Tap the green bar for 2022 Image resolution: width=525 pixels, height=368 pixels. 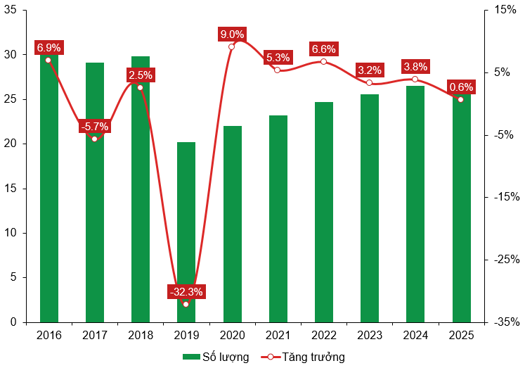coord(323,212)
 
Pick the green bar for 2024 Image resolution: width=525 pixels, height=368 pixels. coord(415,204)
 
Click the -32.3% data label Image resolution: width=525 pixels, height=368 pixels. coord(186,291)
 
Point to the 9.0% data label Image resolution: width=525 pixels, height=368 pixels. coord(232,34)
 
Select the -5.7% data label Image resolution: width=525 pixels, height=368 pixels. coord(94,127)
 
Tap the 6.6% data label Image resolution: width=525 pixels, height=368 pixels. coord(323,49)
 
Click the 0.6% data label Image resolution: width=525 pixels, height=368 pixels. coord(461,87)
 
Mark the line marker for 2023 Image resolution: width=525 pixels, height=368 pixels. coord(369,82)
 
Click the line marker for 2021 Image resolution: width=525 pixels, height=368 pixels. coord(278,70)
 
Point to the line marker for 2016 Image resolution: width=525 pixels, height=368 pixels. coord(48,60)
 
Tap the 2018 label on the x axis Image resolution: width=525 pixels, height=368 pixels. coord(140,335)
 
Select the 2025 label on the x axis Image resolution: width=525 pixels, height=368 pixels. coord(460,335)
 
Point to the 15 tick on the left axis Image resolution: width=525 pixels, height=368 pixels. coord(11,189)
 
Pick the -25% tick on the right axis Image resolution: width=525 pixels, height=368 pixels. coord(505,260)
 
